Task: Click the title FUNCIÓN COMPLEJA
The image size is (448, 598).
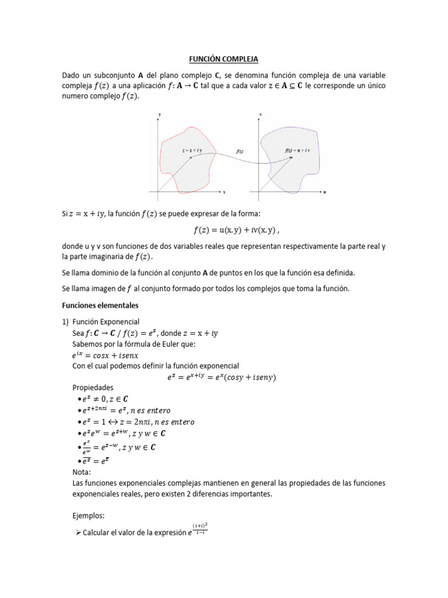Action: [x=223, y=60]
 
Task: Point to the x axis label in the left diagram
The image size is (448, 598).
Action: [x=224, y=192]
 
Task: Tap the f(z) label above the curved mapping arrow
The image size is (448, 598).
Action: [x=240, y=151]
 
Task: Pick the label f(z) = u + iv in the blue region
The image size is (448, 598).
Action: [x=297, y=151]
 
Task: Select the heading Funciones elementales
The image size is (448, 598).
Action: [x=100, y=305]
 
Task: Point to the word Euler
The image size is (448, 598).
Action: [x=158, y=344]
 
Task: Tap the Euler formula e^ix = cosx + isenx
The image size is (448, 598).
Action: [x=106, y=355]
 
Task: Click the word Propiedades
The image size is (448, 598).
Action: [x=92, y=388]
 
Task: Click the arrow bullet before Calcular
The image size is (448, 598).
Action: [x=77, y=533]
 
